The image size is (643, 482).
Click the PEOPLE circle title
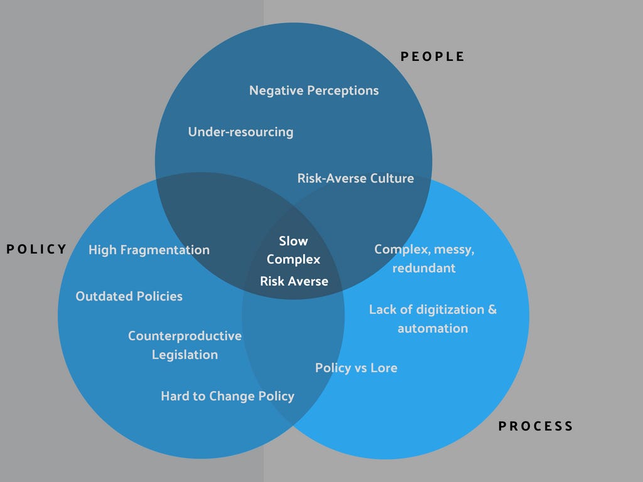[433, 56]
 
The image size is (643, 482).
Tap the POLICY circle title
[36, 249]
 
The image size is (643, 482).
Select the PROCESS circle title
[536, 426]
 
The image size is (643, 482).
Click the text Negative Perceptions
[314, 90]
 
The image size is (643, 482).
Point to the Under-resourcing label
[240, 132]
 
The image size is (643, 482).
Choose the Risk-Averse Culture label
[355, 178]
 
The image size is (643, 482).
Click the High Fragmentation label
[149, 250]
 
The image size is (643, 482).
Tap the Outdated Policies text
[129, 296]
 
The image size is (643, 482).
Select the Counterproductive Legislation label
[185, 345]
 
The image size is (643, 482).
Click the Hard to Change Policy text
[227, 396]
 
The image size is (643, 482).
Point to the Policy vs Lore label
[356, 368]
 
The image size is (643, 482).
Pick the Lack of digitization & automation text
[433, 319]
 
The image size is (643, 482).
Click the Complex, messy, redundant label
[424, 259]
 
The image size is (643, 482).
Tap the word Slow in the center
[293, 241]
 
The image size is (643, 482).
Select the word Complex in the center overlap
[293, 259]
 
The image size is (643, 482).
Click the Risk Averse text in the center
[294, 281]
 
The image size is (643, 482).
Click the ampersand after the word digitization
[492, 309]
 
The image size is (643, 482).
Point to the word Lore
[384, 368]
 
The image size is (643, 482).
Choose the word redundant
[424, 268]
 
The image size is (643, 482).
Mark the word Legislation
[185, 355]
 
